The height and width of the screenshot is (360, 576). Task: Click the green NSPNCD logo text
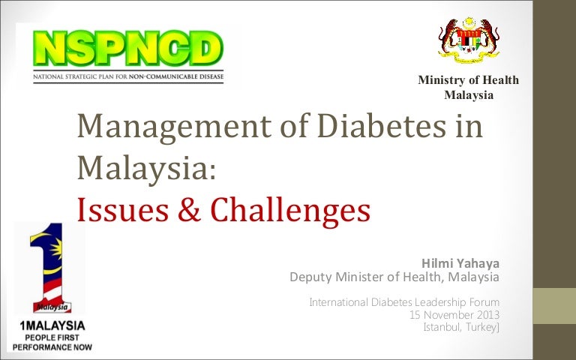127,49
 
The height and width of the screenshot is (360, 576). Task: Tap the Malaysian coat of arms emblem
469,40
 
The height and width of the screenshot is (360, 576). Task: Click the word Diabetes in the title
382,126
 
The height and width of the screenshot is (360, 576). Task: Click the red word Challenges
290,210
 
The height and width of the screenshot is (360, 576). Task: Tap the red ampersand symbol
189,210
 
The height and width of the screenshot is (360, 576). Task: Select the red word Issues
123,210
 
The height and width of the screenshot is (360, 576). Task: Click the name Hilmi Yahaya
460,263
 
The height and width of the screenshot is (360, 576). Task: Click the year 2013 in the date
488,315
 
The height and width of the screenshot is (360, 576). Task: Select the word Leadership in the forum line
440,302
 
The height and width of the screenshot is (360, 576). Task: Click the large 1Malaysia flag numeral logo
52,268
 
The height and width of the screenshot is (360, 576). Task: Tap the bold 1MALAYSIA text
52,325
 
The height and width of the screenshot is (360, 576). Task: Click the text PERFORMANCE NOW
52,347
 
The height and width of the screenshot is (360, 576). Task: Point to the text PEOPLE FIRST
52,337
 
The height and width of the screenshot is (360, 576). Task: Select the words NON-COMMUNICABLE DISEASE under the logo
176,76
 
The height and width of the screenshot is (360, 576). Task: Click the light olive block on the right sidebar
554,306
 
